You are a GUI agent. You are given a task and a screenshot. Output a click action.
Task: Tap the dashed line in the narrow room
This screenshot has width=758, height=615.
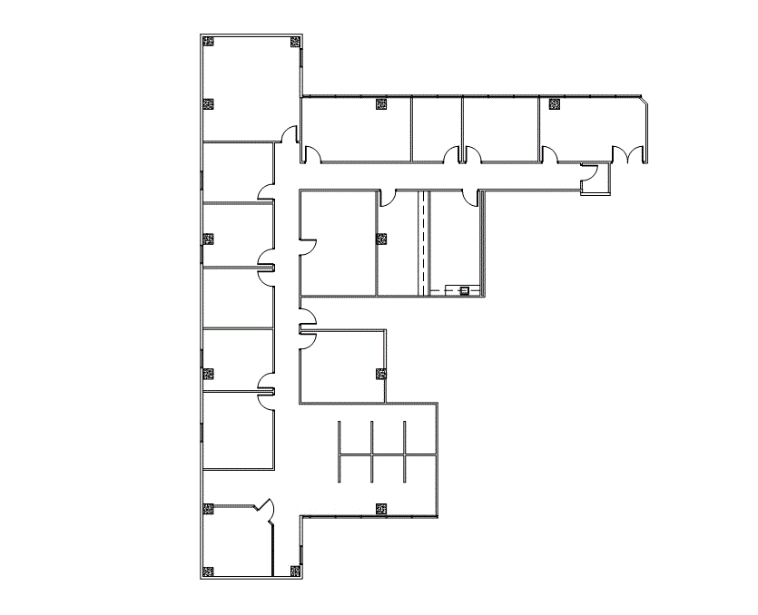[422, 240]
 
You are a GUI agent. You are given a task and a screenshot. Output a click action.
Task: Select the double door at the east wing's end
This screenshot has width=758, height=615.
[625, 154]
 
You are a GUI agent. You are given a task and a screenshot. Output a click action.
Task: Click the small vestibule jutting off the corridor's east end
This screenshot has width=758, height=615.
[596, 179]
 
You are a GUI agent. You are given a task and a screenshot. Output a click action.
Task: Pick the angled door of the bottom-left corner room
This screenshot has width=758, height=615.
[266, 510]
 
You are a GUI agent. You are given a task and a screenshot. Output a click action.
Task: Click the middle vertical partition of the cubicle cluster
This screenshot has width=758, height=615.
[372, 451]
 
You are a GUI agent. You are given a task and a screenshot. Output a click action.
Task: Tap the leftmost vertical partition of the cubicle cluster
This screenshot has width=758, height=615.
[339, 451]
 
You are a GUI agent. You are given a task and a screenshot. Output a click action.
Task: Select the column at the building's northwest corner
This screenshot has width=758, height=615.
[209, 42]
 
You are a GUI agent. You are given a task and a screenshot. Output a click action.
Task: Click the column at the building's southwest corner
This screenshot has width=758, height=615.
[209, 571]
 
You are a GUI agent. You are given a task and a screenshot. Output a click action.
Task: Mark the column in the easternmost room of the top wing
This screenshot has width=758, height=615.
[553, 104]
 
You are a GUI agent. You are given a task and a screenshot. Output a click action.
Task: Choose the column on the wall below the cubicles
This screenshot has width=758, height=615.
[380, 509]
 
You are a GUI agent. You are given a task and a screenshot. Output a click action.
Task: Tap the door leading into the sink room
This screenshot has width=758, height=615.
[470, 197]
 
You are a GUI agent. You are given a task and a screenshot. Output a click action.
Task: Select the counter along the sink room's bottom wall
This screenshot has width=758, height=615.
[454, 291]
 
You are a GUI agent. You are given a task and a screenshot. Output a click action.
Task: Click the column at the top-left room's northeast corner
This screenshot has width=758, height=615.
[294, 42]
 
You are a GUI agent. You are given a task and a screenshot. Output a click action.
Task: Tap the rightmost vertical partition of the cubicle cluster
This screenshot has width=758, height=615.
[405, 451]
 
